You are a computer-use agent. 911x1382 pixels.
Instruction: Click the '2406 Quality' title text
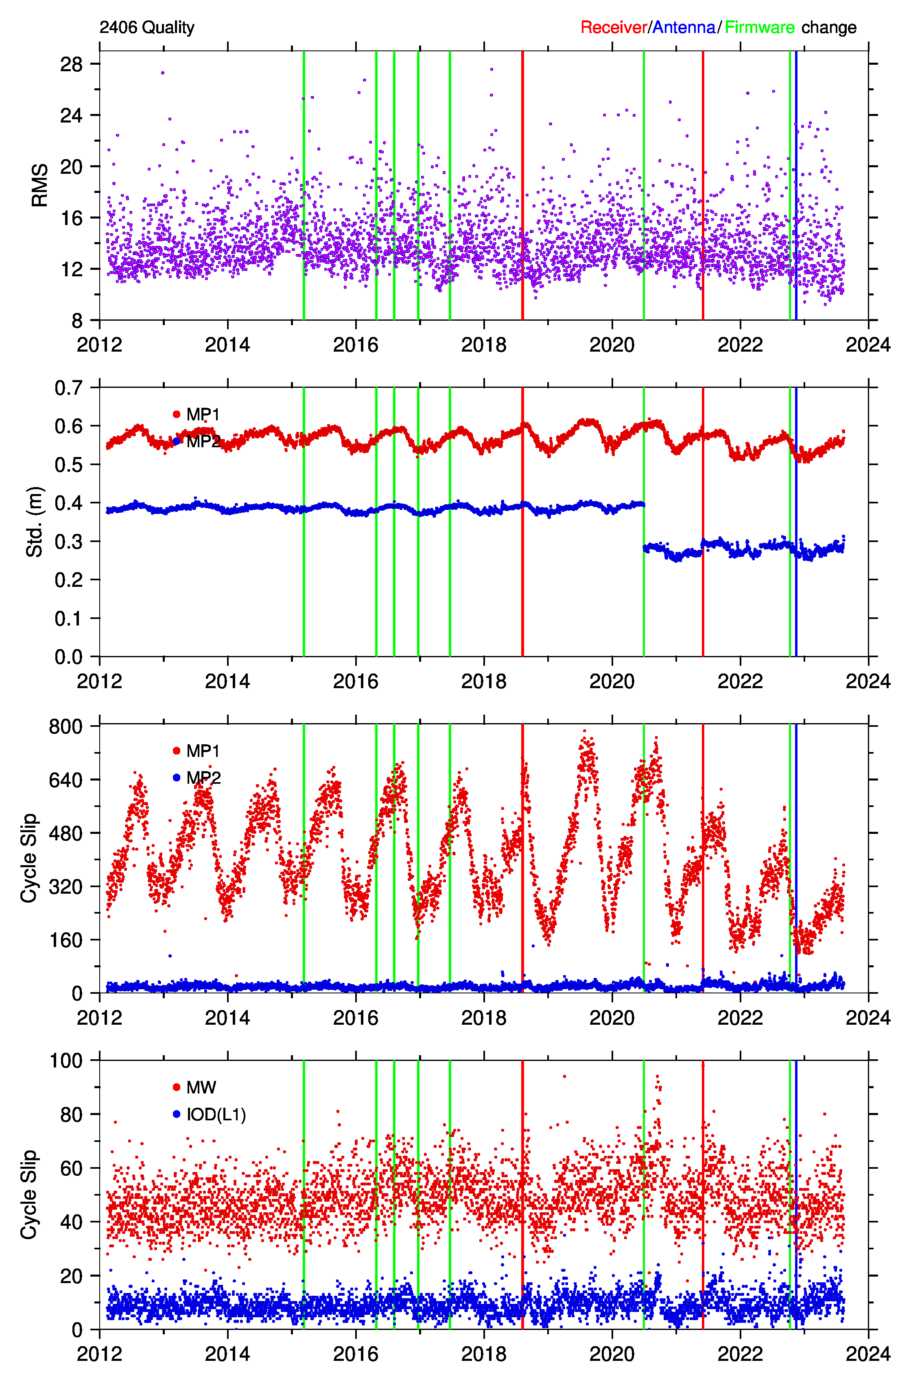147,27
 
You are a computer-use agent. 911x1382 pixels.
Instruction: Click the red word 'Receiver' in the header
614,27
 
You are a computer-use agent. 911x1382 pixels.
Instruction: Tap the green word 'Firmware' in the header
759,27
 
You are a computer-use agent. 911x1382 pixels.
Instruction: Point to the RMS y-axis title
39,185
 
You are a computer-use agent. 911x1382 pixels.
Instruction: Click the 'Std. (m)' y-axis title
35,522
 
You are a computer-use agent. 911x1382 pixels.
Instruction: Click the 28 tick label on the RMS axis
72,64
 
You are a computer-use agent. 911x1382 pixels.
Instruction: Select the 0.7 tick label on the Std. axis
69,387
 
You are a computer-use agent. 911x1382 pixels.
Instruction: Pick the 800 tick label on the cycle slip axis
66,726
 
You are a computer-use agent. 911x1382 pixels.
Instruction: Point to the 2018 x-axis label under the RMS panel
483,345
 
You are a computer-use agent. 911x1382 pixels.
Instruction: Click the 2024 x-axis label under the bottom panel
867,1354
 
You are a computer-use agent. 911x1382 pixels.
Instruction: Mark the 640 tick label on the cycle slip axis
66,780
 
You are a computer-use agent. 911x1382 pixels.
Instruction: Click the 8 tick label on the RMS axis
77,320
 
